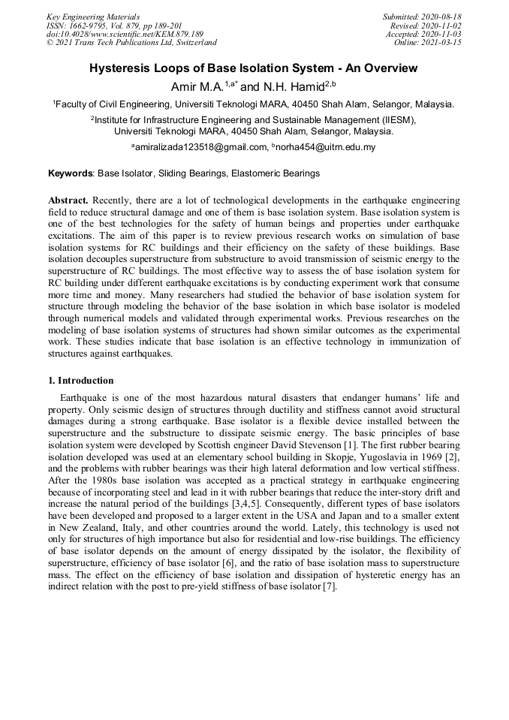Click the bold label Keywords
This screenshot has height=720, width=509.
[71, 173]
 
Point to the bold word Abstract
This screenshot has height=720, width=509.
[68, 201]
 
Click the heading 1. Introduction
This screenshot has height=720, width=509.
[81, 381]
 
